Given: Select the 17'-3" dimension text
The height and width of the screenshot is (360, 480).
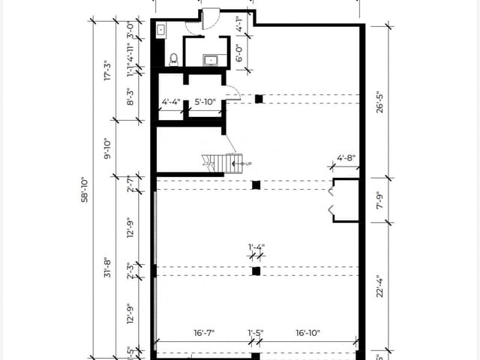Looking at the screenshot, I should [108, 71].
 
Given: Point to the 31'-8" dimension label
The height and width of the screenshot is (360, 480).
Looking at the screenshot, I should [108, 266].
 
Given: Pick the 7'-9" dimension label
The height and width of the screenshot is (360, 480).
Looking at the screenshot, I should [380, 200].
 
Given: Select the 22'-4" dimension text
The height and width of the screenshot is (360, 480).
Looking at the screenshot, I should [380, 286].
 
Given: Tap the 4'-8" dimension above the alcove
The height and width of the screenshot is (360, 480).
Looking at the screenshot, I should [345, 158].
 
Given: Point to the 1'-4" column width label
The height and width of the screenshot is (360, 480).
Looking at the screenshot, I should [256, 246].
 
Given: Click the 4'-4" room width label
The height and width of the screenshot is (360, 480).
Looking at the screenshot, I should [170, 102].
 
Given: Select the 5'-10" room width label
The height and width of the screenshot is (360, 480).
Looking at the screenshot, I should [205, 102].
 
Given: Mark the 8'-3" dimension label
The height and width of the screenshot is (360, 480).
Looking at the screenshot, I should [130, 97].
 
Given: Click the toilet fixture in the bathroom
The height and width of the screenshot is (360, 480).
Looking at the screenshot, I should [173, 58].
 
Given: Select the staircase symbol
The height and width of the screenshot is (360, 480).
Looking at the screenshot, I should [217, 161].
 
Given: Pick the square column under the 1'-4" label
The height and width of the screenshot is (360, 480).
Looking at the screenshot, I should [256, 271].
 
